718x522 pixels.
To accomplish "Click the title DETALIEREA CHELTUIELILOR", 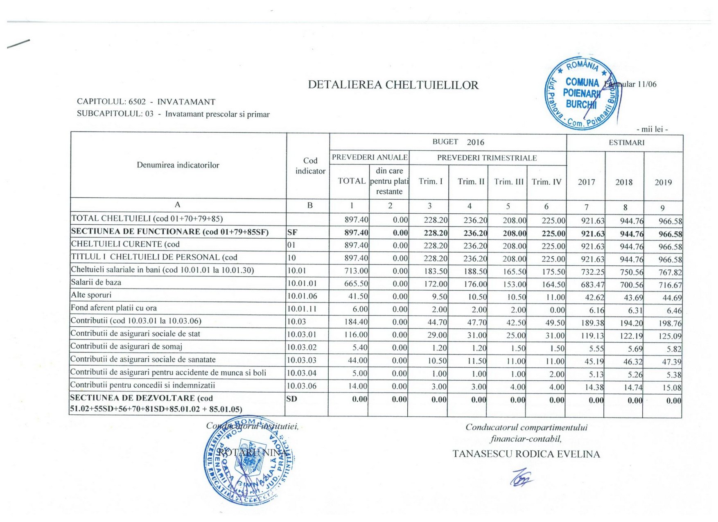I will pos(393,85).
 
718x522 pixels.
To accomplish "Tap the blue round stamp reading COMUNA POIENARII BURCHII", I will pos(582,94).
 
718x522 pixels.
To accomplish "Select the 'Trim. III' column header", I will pos(508,181).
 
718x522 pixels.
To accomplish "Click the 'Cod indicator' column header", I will pos(310,166).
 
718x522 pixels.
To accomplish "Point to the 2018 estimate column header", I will pos(623,182).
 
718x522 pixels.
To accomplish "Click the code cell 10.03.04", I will pos(302,373).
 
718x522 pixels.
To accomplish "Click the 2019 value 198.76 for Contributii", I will pos(670,323).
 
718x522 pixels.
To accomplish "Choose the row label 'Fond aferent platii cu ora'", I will pos(114,308).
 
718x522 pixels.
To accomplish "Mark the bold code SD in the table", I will pos(292,399).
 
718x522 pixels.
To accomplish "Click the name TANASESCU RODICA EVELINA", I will pos(526,454).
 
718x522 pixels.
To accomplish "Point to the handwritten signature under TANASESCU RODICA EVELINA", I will pos(522,477).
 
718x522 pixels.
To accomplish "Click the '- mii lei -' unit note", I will pos(652,129).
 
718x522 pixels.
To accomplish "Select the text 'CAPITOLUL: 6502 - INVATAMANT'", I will pos(146,102).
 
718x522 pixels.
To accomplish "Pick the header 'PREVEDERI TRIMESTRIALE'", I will pos(487,158).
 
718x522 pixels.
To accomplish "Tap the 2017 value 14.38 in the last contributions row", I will pos(593,387).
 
